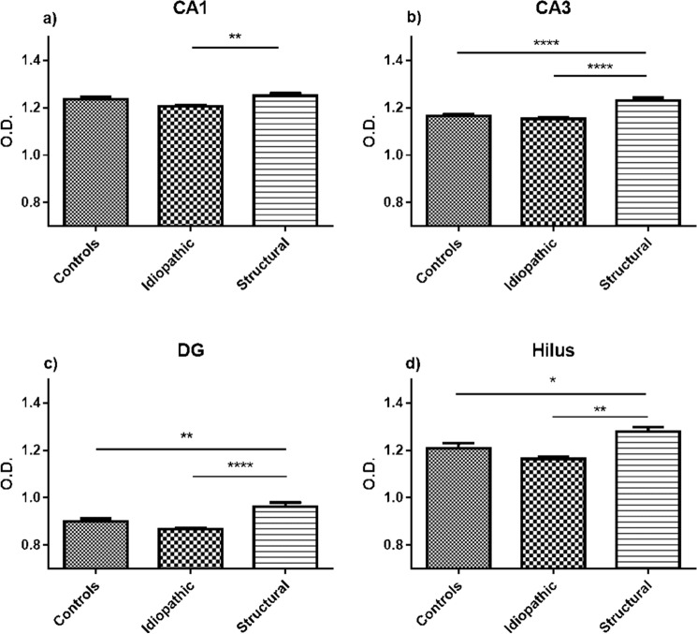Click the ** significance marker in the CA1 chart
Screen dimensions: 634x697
point(236,37)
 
